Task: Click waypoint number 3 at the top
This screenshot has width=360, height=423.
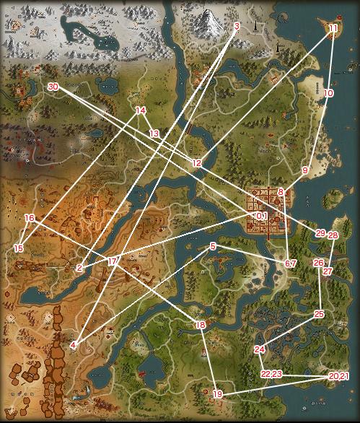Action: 237,27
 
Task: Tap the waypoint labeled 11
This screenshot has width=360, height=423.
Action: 333,28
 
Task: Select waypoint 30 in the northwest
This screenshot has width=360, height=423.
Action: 53,87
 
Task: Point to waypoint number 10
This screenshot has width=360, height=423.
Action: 329,94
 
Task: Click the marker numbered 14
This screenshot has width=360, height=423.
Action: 141,110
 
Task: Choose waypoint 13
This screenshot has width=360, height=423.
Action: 154,134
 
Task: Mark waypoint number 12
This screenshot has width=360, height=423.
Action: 197,163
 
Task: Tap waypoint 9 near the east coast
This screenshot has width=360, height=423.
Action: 305,170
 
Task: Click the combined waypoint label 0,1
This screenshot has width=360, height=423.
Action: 261,216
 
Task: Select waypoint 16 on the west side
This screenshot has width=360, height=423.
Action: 30,218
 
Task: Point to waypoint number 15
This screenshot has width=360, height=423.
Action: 19,248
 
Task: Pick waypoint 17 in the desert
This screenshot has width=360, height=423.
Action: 112,261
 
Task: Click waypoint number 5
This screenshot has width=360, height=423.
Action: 213,247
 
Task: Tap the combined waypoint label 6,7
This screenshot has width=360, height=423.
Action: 291,263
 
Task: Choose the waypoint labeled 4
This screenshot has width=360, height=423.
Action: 74,345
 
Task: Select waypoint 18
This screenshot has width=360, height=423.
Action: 201,326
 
